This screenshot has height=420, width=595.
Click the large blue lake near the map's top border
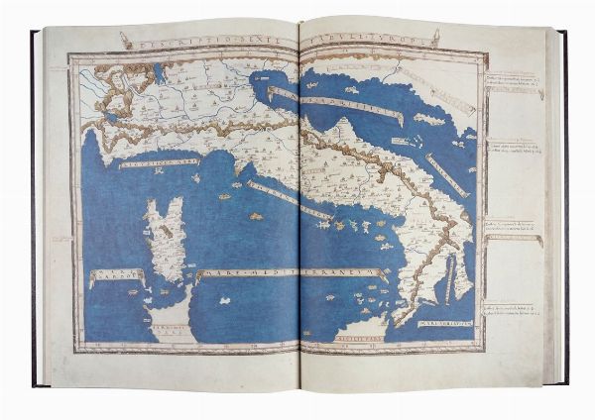pyautogui.click(x=160, y=72)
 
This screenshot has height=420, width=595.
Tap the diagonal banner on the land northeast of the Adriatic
pyautogui.click(x=442, y=92)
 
